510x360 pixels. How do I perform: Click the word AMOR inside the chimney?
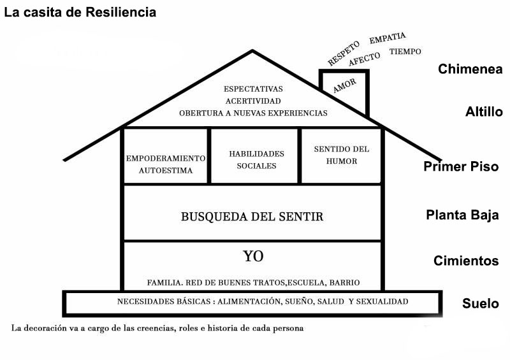click(x=344, y=85)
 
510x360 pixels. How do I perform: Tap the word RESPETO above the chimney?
click(x=344, y=53)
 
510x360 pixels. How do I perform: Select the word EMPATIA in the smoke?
click(x=388, y=38)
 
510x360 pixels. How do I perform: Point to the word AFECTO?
click(x=364, y=59)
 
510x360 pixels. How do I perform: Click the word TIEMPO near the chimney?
click(x=405, y=52)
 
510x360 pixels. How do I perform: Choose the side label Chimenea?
click(x=470, y=69)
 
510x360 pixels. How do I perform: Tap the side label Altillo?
click(x=484, y=112)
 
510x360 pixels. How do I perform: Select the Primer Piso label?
click(x=461, y=166)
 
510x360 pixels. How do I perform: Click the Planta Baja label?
click(x=462, y=215)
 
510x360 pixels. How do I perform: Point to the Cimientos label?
click(x=466, y=261)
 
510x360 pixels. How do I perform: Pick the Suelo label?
click(x=481, y=303)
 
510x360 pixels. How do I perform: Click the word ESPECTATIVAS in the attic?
click(x=253, y=89)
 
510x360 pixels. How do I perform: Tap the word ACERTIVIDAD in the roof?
click(x=253, y=101)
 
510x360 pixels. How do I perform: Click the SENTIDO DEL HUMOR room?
click(x=342, y=155)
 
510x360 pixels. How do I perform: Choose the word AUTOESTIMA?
click(x=166, y=170)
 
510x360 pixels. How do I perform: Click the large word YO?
click(x=253, y=256)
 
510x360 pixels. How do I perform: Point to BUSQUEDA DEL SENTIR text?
click(x=252, y=217)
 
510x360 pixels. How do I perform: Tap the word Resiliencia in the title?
click(x=120, y=12)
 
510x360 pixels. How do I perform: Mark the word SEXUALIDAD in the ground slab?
click(x=382, y=301)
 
